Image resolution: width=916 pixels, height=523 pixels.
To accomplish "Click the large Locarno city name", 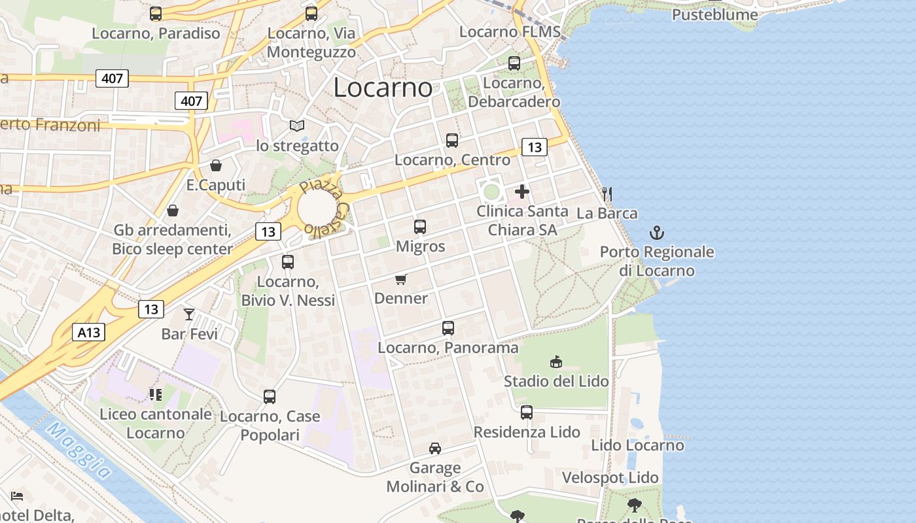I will point(383,88).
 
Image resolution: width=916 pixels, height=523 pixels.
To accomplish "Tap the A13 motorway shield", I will point(88,332).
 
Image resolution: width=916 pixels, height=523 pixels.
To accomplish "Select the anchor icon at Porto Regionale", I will point(656,233).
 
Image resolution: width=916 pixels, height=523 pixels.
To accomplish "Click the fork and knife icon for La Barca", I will point(607,194).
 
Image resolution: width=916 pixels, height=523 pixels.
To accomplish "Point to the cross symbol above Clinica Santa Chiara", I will point(522,192).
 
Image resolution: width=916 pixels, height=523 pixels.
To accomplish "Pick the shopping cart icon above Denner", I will point(400,279).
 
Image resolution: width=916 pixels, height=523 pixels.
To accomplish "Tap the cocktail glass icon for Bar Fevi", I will point(189,314).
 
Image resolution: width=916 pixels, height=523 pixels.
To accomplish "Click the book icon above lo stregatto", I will point(297,126).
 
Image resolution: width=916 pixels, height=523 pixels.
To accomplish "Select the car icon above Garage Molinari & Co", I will point(435,448).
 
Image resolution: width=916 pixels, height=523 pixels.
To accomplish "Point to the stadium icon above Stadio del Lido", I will point(556,362).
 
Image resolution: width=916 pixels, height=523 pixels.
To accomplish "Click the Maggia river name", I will point(78,451).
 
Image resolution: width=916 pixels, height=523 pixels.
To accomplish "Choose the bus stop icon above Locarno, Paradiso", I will point(156,14).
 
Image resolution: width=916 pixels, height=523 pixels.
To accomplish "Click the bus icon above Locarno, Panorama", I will point(448,328).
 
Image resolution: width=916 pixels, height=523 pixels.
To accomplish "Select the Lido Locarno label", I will point(637,445).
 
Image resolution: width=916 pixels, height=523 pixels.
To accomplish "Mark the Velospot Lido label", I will point(610,478).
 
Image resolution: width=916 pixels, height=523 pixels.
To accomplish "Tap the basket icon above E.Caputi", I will point(216,165).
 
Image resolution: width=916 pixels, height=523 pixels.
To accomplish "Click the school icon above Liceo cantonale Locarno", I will point(156,394).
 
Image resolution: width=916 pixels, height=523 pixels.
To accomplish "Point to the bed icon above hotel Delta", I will point(18,496).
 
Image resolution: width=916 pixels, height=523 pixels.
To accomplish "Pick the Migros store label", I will point(420,246).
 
